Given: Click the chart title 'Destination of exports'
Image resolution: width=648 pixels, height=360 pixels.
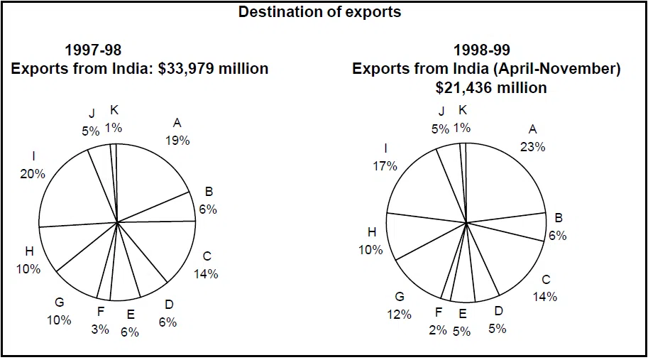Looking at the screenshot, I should point(319,12).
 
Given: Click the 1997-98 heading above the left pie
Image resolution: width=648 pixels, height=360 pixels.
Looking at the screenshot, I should point(93,50).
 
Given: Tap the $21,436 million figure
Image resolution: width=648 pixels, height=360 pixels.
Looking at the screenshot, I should point(491,87).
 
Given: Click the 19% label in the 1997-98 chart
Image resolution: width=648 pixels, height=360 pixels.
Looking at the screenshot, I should point(177,140).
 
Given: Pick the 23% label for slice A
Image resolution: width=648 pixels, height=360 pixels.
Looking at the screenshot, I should point(532,146).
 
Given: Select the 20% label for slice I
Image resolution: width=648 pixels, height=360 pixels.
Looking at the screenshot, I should point(33,173).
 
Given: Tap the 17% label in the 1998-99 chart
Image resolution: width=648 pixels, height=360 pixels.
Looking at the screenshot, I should point(385,165).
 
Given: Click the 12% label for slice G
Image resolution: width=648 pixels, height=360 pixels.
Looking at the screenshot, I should point(399,314).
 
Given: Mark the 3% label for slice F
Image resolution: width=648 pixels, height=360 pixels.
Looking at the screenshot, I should point(100,329).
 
